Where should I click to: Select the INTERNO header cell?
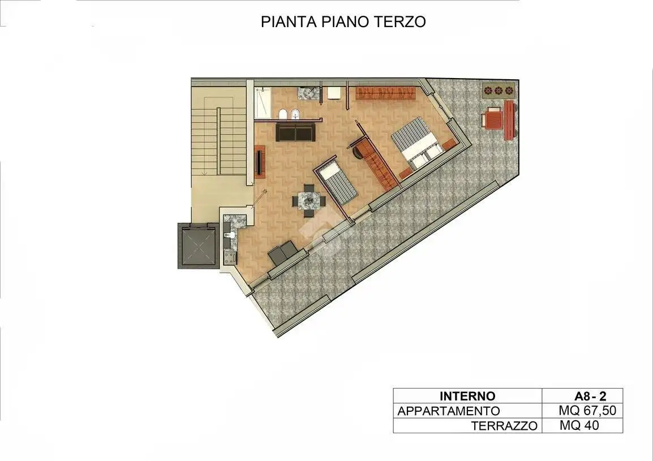coord(467,396)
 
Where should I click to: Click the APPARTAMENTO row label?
coord(449,411)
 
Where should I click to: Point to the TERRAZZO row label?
coord(504,426)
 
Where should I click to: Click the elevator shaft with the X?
coord(198,245)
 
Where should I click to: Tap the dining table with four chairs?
coord(309,200)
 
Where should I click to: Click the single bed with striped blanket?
coord(336,183)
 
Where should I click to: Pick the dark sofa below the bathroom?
coord(294,132)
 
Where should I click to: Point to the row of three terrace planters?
coord(499,90)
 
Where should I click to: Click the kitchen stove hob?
coord(230,257)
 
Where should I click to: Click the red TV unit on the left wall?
coord(260,162)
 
